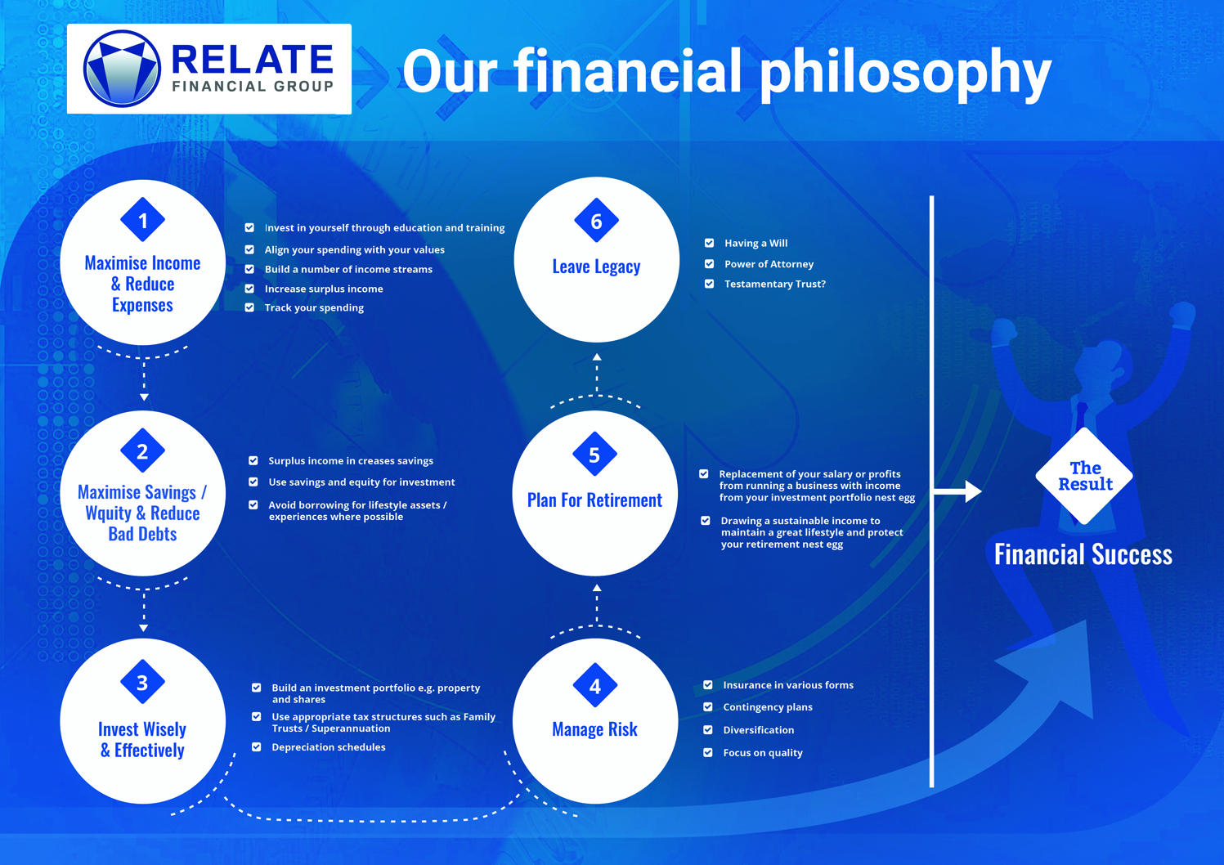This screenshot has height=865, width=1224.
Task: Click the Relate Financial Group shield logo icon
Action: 122,69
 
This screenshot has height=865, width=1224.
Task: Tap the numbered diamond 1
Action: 143,220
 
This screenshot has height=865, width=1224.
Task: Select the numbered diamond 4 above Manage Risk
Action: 595,686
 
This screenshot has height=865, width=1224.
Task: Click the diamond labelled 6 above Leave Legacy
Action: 596,221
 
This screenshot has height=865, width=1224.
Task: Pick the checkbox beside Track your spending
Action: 249,307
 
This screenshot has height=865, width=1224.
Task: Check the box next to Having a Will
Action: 709,243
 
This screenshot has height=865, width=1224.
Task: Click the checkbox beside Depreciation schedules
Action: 257,747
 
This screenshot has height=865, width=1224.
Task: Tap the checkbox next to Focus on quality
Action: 708,753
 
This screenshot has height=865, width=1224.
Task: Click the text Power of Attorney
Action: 769,264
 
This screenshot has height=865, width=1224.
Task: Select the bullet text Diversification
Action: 758,730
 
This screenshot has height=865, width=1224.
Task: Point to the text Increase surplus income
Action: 324,289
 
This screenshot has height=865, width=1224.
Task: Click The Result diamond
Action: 1084,476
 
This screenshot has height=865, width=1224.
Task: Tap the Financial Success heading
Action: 1083,555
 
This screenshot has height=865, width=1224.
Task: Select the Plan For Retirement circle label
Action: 594,500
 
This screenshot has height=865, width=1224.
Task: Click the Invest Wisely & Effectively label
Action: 142,739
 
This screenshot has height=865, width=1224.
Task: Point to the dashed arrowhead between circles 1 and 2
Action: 144,397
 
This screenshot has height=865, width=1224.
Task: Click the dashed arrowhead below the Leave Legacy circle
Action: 597,357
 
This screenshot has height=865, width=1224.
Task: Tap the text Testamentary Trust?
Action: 774,285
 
